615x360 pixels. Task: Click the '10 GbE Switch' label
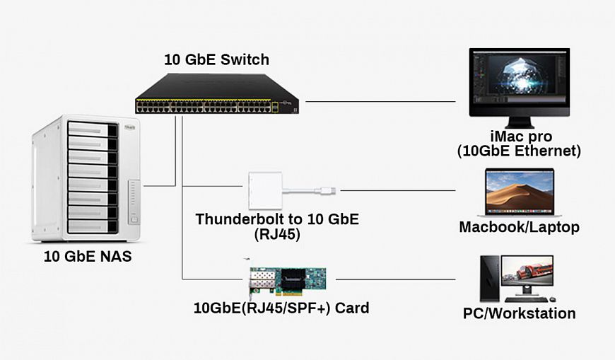216,59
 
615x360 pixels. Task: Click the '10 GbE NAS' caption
88,257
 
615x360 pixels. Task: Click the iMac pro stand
520,122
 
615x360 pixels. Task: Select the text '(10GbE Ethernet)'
520,151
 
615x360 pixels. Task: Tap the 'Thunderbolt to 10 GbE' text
277,219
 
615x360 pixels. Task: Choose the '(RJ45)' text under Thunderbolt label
277,235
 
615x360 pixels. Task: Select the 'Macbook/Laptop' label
519,228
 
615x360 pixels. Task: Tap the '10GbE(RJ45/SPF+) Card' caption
281,308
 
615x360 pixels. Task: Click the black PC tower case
489,279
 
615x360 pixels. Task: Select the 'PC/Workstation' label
519,313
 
